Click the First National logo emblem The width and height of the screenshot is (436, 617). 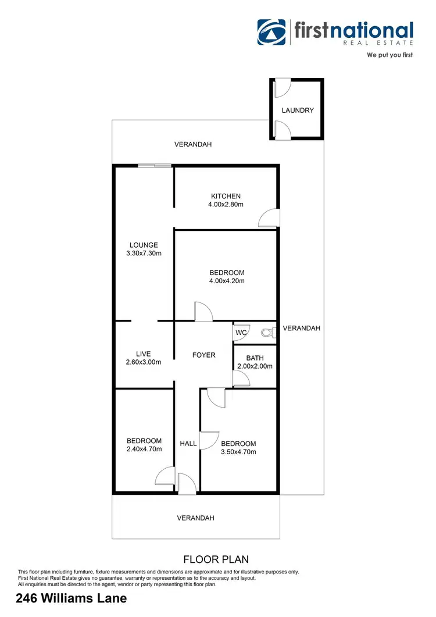pos(271,33)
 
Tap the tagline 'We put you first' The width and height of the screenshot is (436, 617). pos(389,56)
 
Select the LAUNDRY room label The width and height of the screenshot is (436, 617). pos(298,110)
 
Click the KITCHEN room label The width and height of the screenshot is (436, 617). pos(226,197)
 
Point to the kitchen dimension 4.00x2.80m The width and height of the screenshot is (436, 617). pos(226,205)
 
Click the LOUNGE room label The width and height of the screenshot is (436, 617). pos(144,245)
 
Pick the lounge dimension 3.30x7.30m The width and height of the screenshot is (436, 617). pos(144,254)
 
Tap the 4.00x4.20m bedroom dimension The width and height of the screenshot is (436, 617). pos(227,281)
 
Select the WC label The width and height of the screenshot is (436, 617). pos(241,333)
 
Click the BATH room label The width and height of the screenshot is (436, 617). pos(255,358)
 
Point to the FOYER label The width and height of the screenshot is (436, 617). pos(203,355)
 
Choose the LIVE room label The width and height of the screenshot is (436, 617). pos(143,354)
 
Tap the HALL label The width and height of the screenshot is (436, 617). pos(188,444)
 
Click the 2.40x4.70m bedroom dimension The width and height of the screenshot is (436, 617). pos(144,449)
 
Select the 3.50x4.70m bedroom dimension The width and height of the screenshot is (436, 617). pos(238,452)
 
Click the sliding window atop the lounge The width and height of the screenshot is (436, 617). pos(155,166)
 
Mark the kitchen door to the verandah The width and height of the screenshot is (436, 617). pos(269,218)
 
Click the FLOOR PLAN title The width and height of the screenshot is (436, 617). pos(216,559)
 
